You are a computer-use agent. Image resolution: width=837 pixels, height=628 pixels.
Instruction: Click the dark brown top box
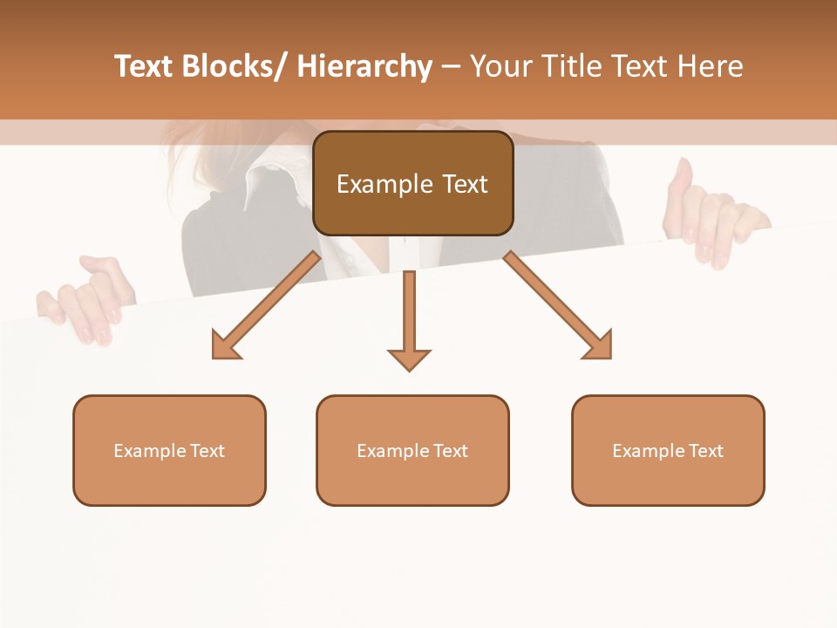(x=412, y=183)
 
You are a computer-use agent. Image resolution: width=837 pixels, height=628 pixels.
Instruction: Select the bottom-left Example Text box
(x=169, y=450)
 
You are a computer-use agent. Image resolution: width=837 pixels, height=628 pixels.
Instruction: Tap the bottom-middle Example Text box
(x=412, y=450)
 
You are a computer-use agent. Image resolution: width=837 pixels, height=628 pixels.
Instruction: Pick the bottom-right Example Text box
(x=668, y=450)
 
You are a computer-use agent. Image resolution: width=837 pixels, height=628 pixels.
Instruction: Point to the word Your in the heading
(x=500, y=66)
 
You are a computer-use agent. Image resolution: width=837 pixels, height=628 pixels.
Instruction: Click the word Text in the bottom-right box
(x=705, y=450)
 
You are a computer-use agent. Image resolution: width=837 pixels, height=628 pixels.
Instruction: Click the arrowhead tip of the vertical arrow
(x=409, y=370)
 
